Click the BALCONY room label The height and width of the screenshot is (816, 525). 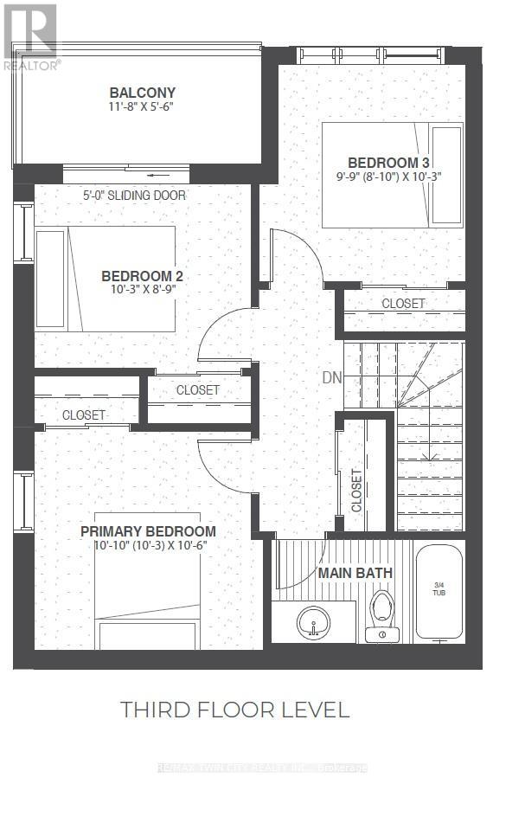(x=143, y=93)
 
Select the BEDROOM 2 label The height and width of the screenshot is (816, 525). (x=142, y=276)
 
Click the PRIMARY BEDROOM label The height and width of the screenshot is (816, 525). (x=148, y=531)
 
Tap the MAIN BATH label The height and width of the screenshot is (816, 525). (x=355, y=573)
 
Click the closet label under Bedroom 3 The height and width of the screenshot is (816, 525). (x=403, y=304)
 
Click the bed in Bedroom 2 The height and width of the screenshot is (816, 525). (x=104, y=279)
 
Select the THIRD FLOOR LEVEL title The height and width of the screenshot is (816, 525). (x=234, y=710)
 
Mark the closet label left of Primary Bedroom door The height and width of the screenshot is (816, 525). (x=84, y=415)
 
